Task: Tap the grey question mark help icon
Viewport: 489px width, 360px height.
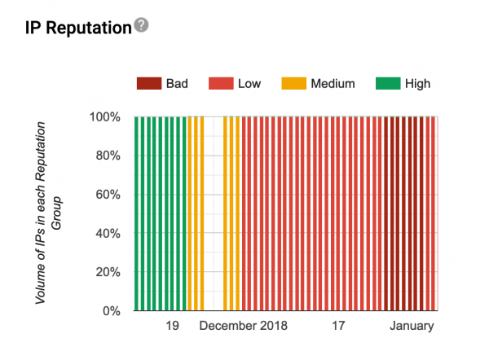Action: click(x=141, y=25)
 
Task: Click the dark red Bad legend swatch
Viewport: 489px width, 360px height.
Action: click(x=148, y=83)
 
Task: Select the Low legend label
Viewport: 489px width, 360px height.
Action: click(x=249, y=83)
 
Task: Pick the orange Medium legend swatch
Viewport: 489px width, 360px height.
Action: click(x=292, y=83)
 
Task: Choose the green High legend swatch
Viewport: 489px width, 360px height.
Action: click(x=386, y=83)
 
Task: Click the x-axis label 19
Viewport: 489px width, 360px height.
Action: click(x=171, y=326)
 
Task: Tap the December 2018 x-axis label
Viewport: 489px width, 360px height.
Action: click(x=244, y=326)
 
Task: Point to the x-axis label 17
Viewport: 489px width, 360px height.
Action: click(x=338, y=326)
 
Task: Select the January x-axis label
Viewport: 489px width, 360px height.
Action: click(x=412, y=326)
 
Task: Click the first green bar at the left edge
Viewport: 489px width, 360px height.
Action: click(x=137, y=213)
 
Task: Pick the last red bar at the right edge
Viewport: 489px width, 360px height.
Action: click(x=434, y=213)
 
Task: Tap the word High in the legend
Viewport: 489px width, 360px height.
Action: click(x=416, y=83)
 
